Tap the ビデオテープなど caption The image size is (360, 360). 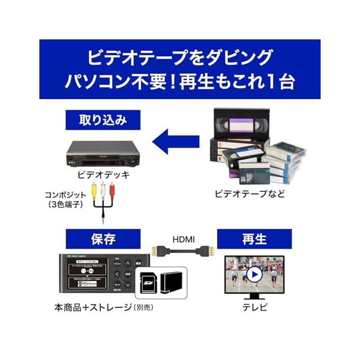250,193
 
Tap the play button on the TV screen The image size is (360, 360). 254,274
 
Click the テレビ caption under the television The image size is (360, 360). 254,307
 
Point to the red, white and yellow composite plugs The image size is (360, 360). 103,191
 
